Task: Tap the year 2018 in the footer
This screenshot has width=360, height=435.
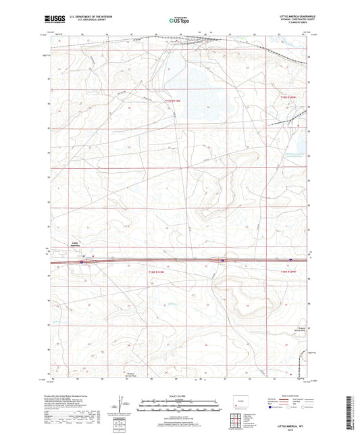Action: point(292,428)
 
